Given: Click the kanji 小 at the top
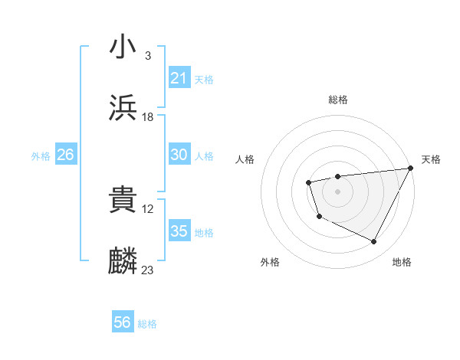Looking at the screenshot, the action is point(123,48).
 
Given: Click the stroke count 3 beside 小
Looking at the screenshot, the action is point(147,56).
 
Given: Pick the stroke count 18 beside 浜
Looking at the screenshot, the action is point(148,116).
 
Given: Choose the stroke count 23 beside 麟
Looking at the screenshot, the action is point(148,270).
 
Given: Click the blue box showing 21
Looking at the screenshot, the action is point(179,78).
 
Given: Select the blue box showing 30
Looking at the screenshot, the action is point(179,155).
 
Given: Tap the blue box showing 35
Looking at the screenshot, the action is point(179,231).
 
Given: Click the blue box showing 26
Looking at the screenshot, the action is point(65,155).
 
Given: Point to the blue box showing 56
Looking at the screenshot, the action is point(123,322).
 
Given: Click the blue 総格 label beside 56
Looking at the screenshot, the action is point(147,324).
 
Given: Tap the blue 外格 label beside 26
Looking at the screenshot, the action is point(41,156).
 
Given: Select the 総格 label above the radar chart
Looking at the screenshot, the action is point(337,100).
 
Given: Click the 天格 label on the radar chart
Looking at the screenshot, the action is point(431,159).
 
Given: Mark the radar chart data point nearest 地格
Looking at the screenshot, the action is point(374,242).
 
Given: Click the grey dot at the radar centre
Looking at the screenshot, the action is point(337,191).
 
